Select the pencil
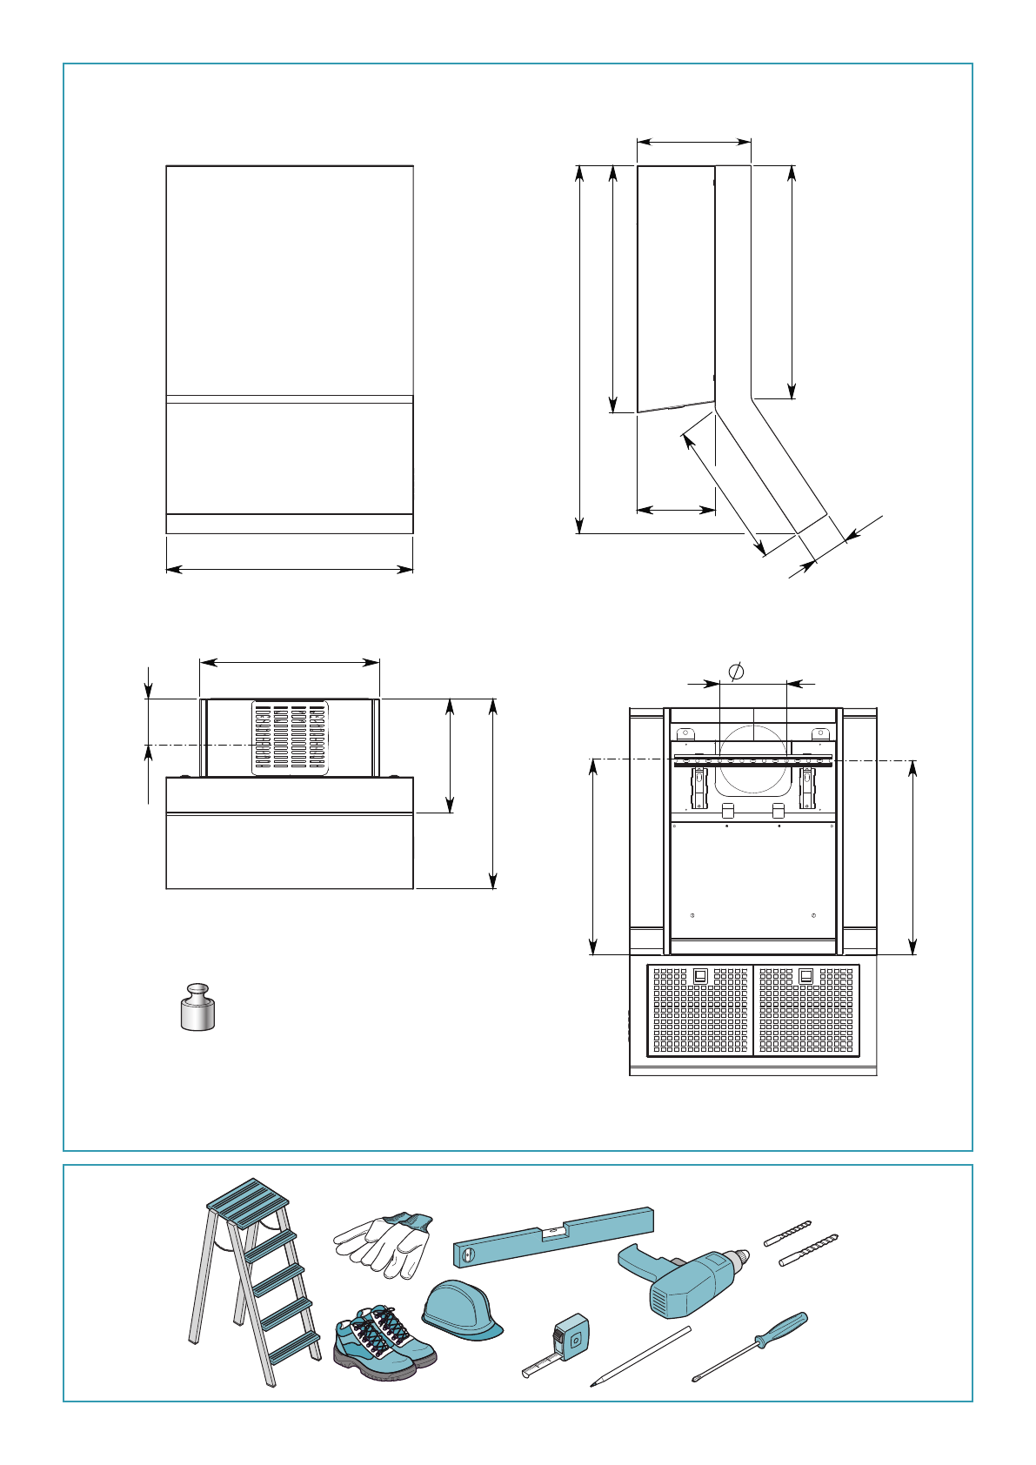tap(640, 1355)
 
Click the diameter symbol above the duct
tap(736, 672)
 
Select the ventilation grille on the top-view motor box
tap(290, 737)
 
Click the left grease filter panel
tap(699, 1010)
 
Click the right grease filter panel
tap(805, 1010)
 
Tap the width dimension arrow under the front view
tap(289, 570)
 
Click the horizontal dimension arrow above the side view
tap(693, 140)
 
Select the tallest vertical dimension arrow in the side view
tap(580, 348)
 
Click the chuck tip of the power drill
tap(745, 1255)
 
